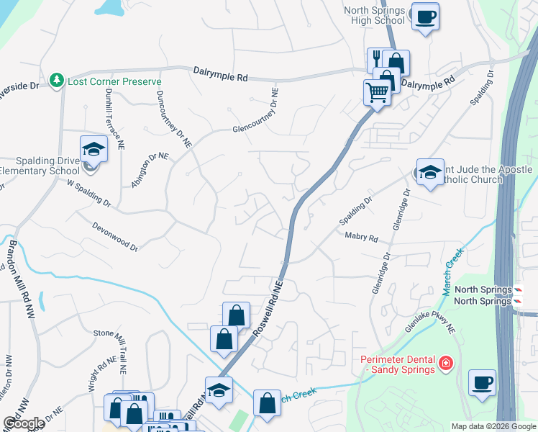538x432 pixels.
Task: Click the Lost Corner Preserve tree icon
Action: pyautogui.click(x=57, y=81)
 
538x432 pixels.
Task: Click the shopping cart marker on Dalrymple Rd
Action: pyautogui.click(x=377, y=92)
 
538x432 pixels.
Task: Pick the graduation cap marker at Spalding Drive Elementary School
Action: pyautogui.click(x=93, y=150)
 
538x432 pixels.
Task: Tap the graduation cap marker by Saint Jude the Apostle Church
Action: pyautogui.click(x=430, y=173)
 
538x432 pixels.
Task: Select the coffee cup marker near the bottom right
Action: pyautogui.click(x=482, y=382)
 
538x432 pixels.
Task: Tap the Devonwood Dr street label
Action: pyautogui.click(x=115, y=235)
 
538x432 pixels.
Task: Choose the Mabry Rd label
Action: pyautogui.click(x=361, y=236)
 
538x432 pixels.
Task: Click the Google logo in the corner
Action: pyautogui.click(x=23, y=423)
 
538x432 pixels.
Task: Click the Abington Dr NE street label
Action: pyautogui.click(x=148, y=170)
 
